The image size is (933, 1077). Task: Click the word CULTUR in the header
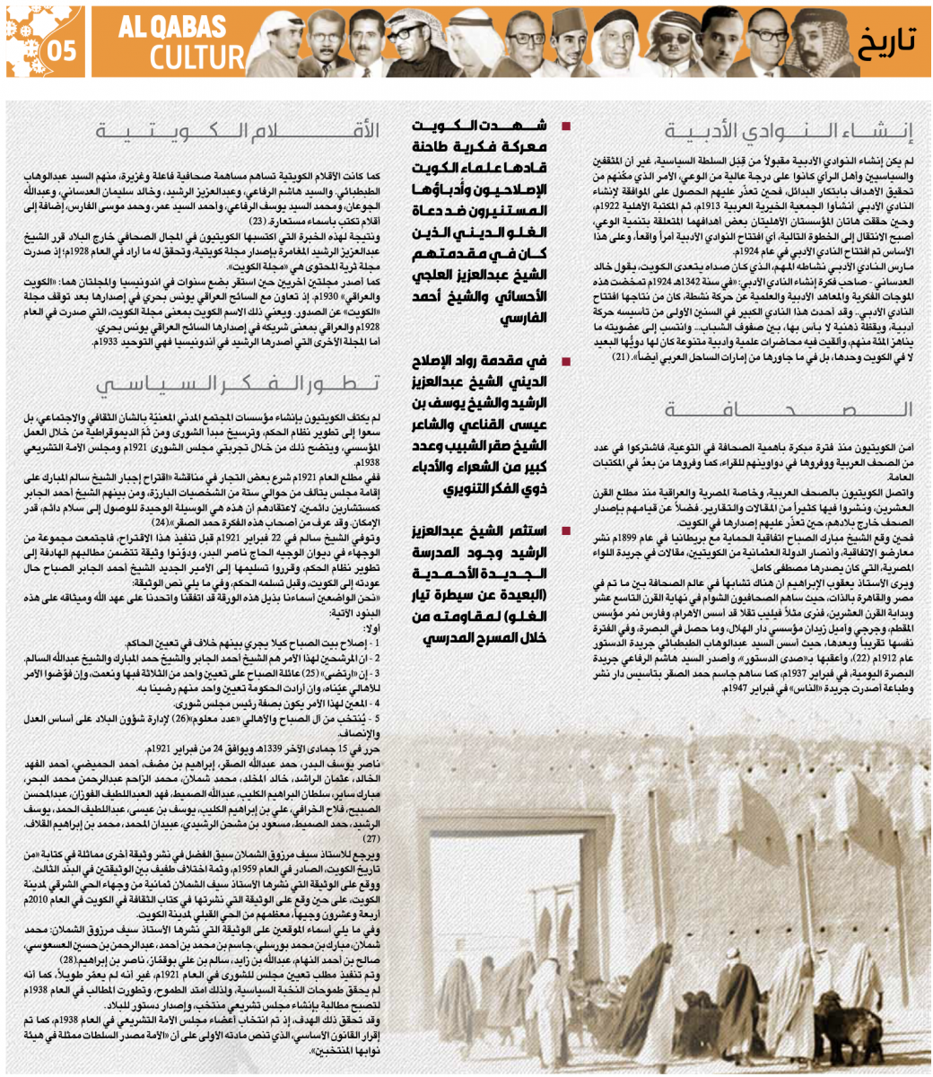[x=192, y=58]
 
